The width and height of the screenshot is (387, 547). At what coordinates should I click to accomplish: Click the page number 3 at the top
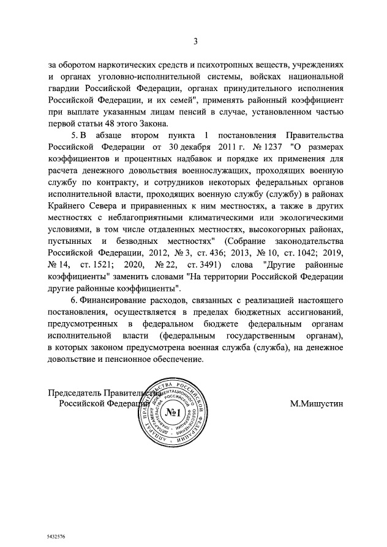(195, 42)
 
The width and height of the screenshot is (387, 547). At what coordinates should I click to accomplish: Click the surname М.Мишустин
(317, 404)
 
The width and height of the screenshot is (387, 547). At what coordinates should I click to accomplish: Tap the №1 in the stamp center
(175, 419)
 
